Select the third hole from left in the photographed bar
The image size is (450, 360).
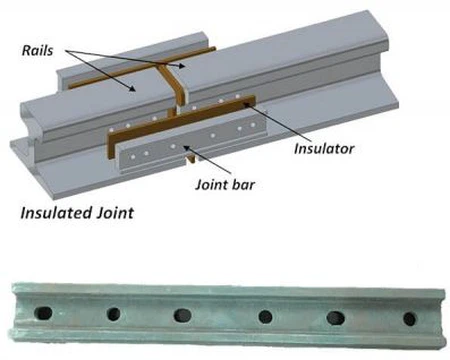[183, 316]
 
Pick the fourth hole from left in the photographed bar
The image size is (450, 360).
[265, 317]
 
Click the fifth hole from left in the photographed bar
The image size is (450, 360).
[335, 318]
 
